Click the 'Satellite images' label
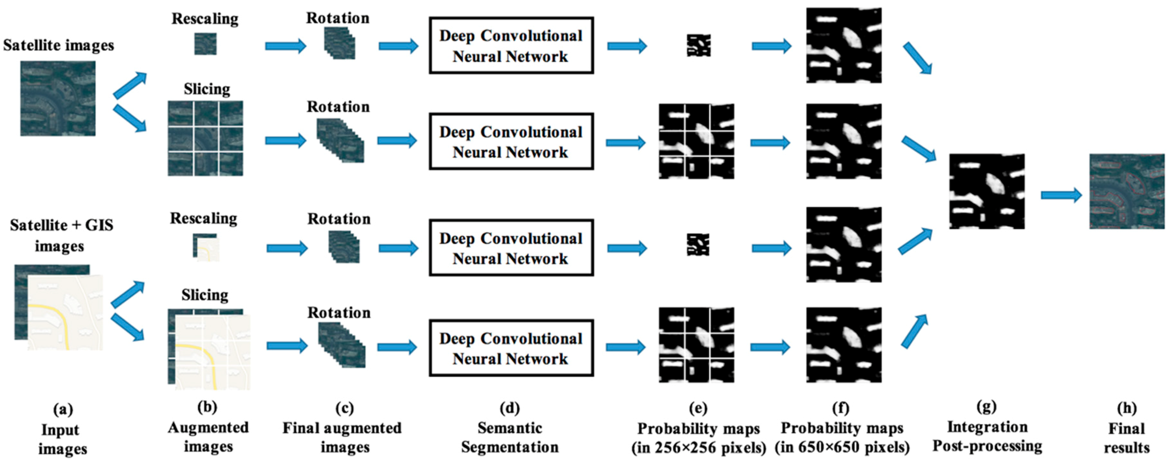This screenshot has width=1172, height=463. coord(58,45)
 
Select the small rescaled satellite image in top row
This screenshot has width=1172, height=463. coord(205,44)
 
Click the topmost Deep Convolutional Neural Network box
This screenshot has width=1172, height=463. coord(511,45)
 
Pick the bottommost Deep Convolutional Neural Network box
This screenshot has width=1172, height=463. coord(511,348)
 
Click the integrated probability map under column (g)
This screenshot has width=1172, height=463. coord(986,191)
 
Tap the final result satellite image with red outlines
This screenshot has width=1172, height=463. coord(1127,191)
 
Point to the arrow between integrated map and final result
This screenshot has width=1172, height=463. coord(1060,195)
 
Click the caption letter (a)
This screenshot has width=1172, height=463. coord(63,409)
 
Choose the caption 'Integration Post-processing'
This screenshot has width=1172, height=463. coord(986,436)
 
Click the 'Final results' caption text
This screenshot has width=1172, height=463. coord(1127,438)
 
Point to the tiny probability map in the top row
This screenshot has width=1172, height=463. coord(698,45)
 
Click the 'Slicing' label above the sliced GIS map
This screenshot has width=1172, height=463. coord(205,295)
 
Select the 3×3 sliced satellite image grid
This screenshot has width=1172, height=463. coord(205,138)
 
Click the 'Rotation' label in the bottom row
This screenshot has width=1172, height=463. coord(339,312)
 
